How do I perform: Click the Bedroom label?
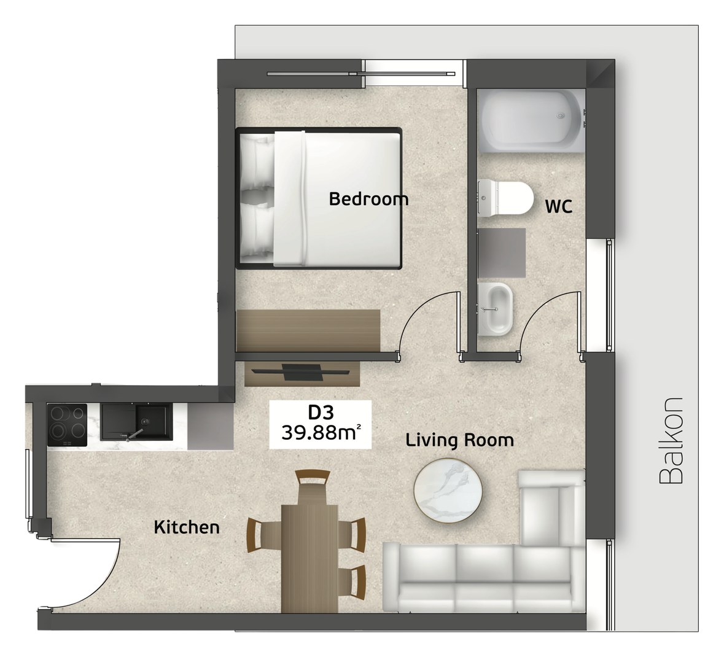pyautogui.click(x=368, y=199)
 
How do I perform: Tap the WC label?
pyautogui.click(x=559, y=206)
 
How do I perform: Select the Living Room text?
pyautogui.click(x=459, y=440)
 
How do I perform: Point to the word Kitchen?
pyautogui.click(x=187, y=527)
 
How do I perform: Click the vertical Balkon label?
pyautogui.click(x=671, y=440)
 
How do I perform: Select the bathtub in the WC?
pyautogui.click(x=531, y=120)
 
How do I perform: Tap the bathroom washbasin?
pyautogui.click(x=495, y=309)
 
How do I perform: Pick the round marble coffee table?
pyautogui.click(x=448, y=491)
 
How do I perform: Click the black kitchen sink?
pyautogui.click(x=137, y=422)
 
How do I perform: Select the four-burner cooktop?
pyautogui.click(x=67, y=425)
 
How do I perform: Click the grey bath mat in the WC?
pyautogui.click(x=502, y=252)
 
